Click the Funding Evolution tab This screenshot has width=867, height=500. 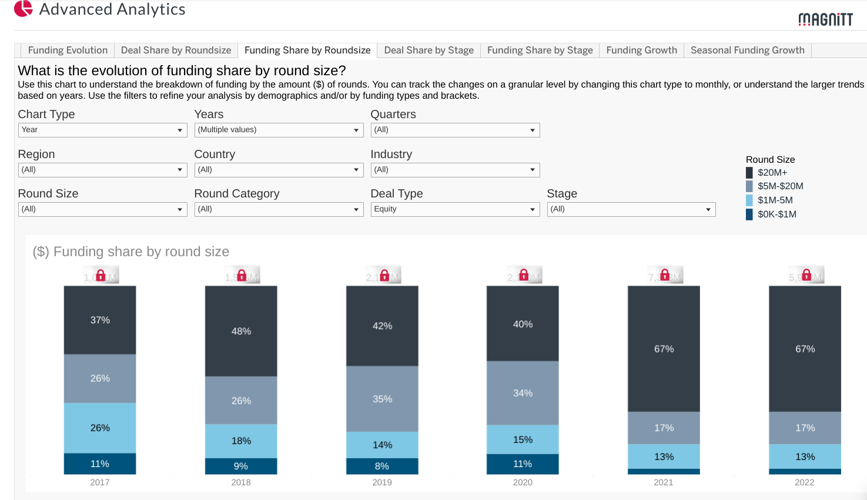(x=68, y=51)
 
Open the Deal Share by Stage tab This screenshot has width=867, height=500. (x=429, y=51)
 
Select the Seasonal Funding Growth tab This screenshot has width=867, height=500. (x=747, y=51)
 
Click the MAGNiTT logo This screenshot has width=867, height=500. (x=825, y=19)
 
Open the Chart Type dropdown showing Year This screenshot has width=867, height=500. (x=102, y=130)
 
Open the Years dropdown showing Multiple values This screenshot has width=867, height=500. (x=279, y=130)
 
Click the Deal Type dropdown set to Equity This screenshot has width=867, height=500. (x=455, y=209)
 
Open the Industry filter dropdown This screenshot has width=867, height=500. (x=455, y=170)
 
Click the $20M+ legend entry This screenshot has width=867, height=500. (x=772, y=173)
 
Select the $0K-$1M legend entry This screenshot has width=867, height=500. (x=776, y=214)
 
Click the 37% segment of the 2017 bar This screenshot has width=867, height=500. (x=100, y=320)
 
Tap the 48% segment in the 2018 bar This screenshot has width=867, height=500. (x=241, y=331)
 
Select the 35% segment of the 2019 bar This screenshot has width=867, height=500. (x=382, y=399)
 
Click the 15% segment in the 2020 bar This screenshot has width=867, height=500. (x=523, y=439)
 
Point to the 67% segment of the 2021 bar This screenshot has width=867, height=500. (x=664, y=349)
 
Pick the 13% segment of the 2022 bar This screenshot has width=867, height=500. (x=805, y=457)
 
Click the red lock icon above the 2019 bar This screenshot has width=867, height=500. (x=384, y=275)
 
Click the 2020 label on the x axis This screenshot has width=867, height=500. (x=523, y=482)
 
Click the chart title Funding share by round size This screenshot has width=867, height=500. (x=131, y=252)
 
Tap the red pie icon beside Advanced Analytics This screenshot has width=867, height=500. (x=24, y=9)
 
